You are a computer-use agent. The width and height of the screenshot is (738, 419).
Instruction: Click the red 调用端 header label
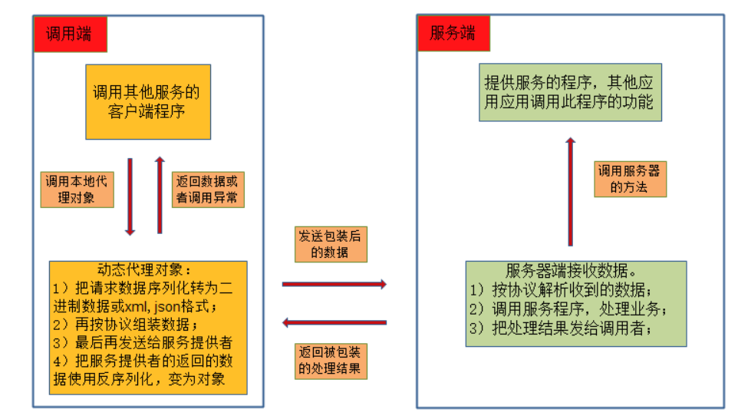point(70,34)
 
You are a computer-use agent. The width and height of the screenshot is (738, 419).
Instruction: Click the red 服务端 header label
point(453,34)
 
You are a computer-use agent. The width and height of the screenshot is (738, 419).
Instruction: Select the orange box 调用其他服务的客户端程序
point(147,102)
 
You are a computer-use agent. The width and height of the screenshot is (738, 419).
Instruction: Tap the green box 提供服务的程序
point(570,92)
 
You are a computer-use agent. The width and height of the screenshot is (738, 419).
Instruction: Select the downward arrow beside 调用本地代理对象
point(130,196)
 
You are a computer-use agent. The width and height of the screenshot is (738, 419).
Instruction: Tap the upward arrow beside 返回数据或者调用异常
point(160,195)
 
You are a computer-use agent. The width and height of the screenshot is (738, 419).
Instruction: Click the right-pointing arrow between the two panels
point(334,285)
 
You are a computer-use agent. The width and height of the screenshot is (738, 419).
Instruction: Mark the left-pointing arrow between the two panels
point(334,323)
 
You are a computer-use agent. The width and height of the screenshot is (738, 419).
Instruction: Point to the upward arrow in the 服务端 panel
point(570,192)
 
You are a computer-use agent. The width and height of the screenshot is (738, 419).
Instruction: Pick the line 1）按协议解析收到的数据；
point(561,290)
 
